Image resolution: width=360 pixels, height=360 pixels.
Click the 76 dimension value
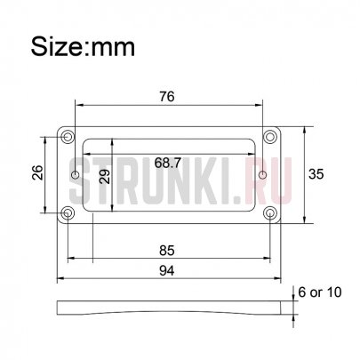click(167, 97)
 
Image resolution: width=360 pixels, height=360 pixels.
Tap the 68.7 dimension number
click(168, 163)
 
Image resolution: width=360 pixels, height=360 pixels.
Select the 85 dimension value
click(167, 251)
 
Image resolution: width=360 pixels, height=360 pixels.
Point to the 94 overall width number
click(167, 270)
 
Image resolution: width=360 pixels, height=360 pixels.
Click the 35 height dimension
click(316, 174)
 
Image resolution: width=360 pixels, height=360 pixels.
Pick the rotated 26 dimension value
click(37, 172)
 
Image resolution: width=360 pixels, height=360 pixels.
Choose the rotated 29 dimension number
click(105, 177)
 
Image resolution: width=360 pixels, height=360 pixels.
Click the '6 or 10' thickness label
click(320, 292)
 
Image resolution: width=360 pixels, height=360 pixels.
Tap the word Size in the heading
click(58, 46)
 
